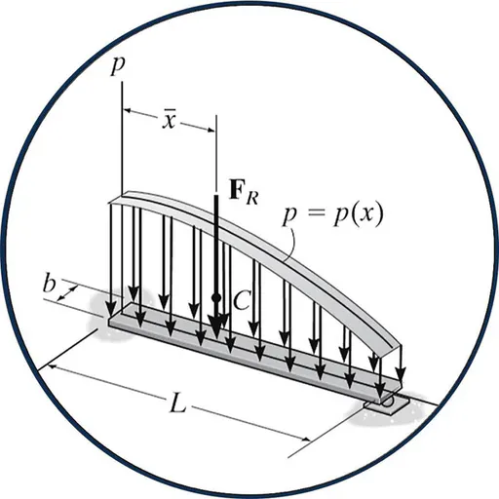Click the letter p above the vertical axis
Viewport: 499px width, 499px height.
(x=118, y=66)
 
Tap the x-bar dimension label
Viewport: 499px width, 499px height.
(x=169, y=120)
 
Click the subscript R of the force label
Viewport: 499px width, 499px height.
(x=252, y=198)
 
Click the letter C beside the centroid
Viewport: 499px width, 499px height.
(x=242, y=299)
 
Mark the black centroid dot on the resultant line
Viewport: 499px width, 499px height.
(x=216, y=297)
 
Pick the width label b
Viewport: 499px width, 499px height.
(x=50, y=285)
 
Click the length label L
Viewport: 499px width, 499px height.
(x=178, y=403)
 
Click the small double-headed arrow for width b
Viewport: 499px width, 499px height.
(x=67, y=292)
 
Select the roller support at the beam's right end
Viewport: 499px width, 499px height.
(x=387, y=403)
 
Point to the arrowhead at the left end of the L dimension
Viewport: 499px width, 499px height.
(x=54, y=367)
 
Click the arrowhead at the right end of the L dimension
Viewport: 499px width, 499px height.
(x=305, y=440)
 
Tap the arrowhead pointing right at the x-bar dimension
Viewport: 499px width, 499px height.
(x=211, y=131)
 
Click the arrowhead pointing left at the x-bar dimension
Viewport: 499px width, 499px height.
(x=128, y=111)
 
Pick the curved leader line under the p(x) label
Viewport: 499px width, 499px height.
(x=290, y=244)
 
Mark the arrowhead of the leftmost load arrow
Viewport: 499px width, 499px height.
(x=111, y=307)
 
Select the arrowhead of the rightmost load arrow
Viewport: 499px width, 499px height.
(x=401, y=373)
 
